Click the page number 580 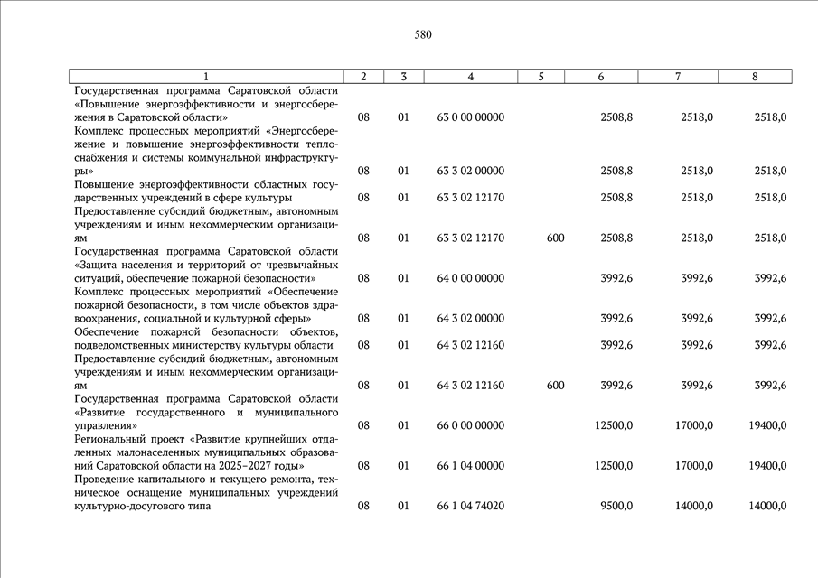pyautogui.click(x=423, y=35)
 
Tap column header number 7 pyautogui.click(x=678, y=77)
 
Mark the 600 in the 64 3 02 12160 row pyautogui.click(x=556, y=386)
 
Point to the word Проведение pyautogui.click(x=104, y=480)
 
